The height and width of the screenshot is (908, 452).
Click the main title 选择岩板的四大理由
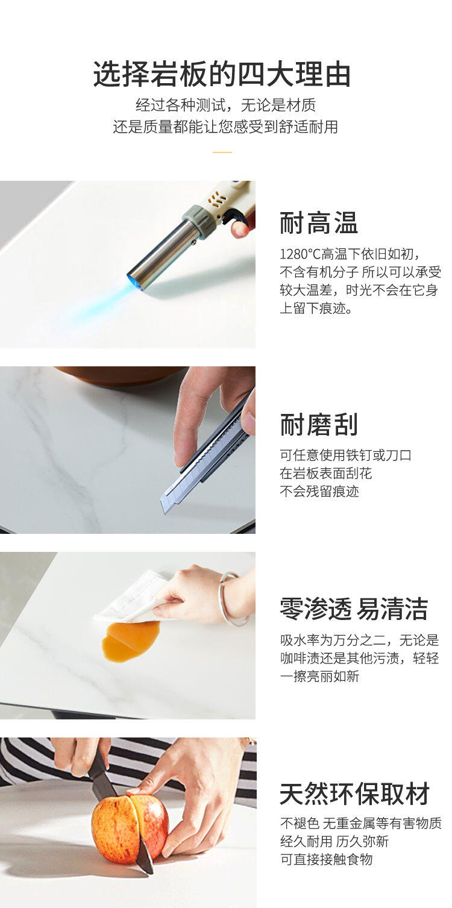coord(222,74)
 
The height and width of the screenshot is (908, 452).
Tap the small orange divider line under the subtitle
coord(222,152)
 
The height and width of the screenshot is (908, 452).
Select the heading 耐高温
coord(319,223)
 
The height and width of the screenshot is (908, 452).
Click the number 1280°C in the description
coord(300,254)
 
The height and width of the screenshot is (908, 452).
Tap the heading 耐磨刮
coord(319,424)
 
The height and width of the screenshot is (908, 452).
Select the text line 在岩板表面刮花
coord(325,473)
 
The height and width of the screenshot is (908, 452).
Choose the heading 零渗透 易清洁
coord(354,609)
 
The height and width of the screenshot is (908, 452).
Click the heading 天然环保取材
coord(354,794)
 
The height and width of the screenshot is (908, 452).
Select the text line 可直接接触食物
coord(326,859)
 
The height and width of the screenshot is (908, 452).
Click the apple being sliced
coord(130,825)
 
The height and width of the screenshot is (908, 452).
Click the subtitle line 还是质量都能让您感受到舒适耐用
coord(225,127)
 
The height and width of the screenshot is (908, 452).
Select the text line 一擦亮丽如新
coord(319,676)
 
